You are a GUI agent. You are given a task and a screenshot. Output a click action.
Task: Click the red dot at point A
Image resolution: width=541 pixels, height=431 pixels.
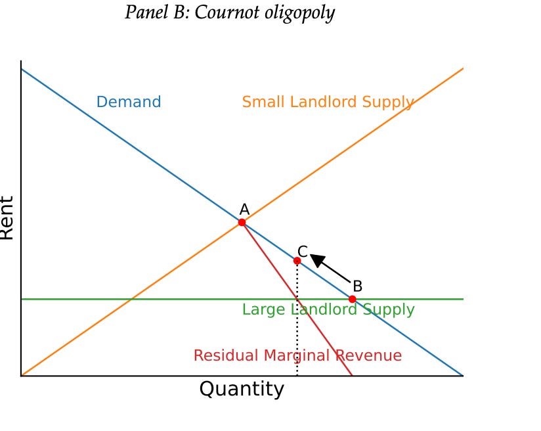tap(242, 223)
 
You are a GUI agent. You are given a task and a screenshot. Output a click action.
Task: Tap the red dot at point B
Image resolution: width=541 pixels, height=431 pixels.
tap(352, 299)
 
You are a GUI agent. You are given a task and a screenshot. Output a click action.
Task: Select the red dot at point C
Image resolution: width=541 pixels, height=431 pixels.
tap(297, 261)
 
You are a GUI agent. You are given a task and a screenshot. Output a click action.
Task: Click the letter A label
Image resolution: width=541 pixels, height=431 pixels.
tap(244, 210)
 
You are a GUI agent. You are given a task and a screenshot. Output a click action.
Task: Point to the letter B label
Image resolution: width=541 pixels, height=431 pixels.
tap(357, 286)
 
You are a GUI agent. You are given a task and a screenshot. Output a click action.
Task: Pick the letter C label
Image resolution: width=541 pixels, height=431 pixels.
tap(303, 251)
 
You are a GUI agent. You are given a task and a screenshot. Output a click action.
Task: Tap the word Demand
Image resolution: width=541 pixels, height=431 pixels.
tap(129, 102)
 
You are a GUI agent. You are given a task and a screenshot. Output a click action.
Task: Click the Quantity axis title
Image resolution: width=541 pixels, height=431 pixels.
tap(242, 389)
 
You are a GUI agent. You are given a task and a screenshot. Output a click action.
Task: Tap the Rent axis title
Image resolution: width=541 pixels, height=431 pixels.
tap(7, 218)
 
